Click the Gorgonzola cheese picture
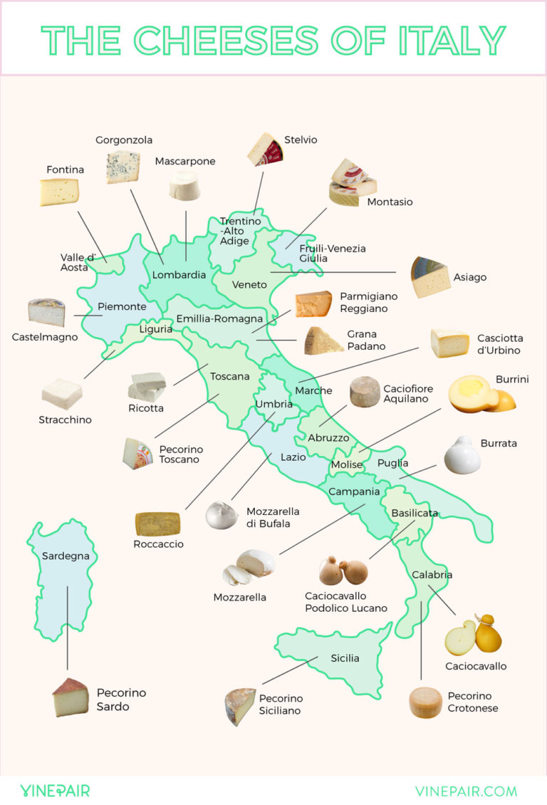tap(123, 167)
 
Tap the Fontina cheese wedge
tap(59, 192)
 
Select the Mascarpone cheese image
tap(185, 185)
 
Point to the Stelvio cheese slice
tap(264, 149)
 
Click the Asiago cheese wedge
tap(430, 277)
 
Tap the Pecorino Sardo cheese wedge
tap(71, 697)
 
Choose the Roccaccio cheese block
tap(158, 524)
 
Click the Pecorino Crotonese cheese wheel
tap(425, 702)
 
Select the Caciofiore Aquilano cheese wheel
tap(365, 392)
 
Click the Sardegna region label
tap(66, 556)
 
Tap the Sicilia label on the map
tap(345, 658)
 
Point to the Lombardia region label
tap(179, 275)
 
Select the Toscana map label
tap(229, 376)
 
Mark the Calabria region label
tap(432, 575)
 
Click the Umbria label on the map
tap(273, 404)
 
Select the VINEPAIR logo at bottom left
tap(55, 790)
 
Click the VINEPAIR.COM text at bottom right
tap(466, 791)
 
